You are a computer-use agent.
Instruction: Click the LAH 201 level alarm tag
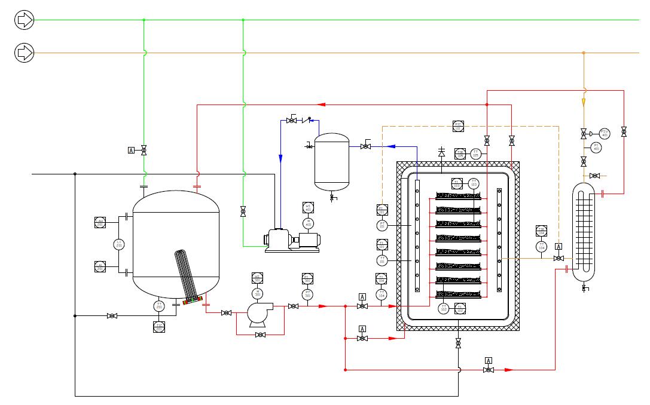[x=100, y=222]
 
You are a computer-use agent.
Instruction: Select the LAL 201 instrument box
[x=100, y=266]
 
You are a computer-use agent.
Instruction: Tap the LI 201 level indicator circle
[x=118, y=244]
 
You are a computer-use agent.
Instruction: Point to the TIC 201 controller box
[x=159, y=326]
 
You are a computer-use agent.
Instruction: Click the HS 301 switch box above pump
[x=257, y=278]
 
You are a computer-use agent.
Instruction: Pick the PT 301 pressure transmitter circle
[x=307, y=294]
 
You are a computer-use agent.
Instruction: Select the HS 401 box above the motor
[x=308, y=208]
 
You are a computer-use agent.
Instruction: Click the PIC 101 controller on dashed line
[x=458, y=126]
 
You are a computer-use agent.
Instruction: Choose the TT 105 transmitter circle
[x=476, y=154]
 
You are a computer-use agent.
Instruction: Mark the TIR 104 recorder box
[x=542, y=231]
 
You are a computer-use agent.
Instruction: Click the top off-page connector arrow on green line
[x=25, y=20]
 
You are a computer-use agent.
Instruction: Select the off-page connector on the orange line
[x=25, y=53]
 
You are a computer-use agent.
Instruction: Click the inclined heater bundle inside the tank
[x=186, y=274]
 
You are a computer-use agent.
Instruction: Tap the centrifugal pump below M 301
[x=259, y=314]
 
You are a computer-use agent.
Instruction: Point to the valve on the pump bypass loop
[x=260, y=335]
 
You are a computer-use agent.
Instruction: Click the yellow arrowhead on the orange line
[x=584, y=102]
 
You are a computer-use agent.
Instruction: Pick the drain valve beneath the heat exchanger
[x=584, y=289]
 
